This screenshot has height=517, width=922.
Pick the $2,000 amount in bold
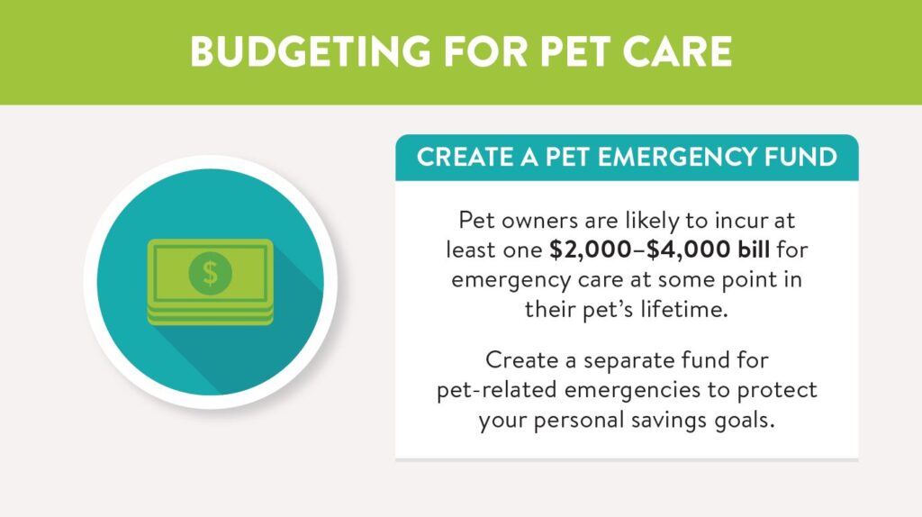[591, 250]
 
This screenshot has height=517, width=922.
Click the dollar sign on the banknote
[210, 273]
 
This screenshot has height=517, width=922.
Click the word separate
[628, 360]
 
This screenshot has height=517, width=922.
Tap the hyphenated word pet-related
[496, 390]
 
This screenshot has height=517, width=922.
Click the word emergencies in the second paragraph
[633, 390]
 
